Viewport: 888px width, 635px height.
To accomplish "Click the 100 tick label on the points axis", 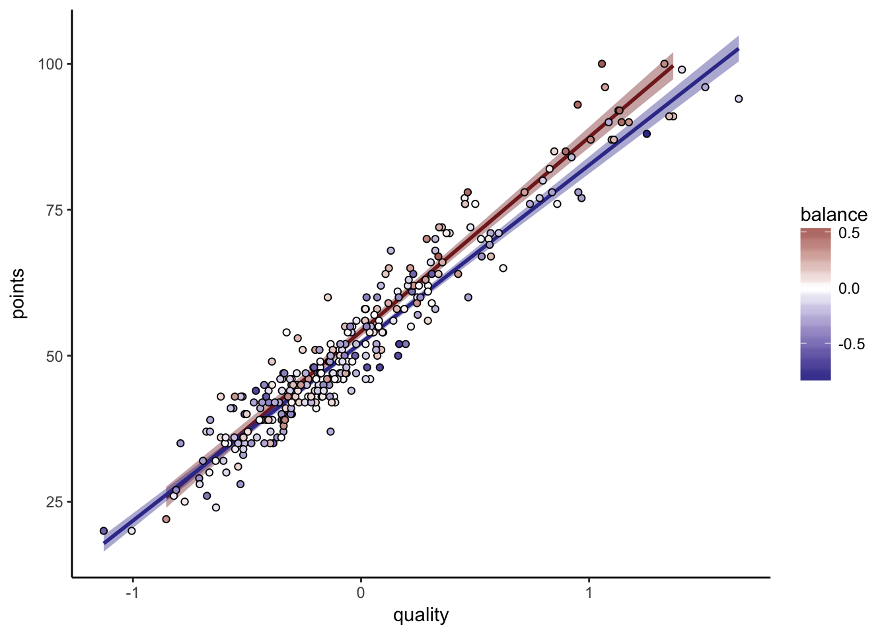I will pyautogui.click(x=50, y=64).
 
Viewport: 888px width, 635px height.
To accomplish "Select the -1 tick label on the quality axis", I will pyautogui.click(x=131, y=592).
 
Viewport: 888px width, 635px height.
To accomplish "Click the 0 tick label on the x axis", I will pyautogui.click(x=361, y=592).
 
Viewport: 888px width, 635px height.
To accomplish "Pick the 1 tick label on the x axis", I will pyautogui.click(x=589, y=592).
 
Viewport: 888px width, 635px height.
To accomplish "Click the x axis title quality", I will pyautogui.click(x=421, y=616).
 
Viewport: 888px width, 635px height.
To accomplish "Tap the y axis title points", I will pyautogui.click(x=19, y=293).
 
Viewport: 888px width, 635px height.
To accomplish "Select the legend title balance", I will pyautogui.click(x=833, y=214).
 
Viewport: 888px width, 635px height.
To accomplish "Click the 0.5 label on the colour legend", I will pyautogui.click(x=849, y=233).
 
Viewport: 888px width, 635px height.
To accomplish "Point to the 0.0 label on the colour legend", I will pyautogui.click(x=849, y=288).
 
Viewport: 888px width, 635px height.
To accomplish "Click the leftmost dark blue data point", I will pyautogui.click(x=104, y=530).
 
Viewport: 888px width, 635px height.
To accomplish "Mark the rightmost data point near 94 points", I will pyautogui.click(x=739, y=99).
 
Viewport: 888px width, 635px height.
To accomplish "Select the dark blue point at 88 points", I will pyautogui.click(x=646, y=134).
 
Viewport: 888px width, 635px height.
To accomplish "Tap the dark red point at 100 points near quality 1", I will pyautogui.click(x=602, y=63).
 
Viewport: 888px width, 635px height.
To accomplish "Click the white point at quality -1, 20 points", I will pyautogui.click(x=131, y=530).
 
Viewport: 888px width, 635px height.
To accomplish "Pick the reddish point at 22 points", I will pyautogui.click(x=166, y=519).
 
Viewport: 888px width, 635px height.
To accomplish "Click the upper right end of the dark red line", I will pyautogui.click(x=673, y=65).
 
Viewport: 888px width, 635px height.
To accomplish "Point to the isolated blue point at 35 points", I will pyautogui.click(x=180, y=443).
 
